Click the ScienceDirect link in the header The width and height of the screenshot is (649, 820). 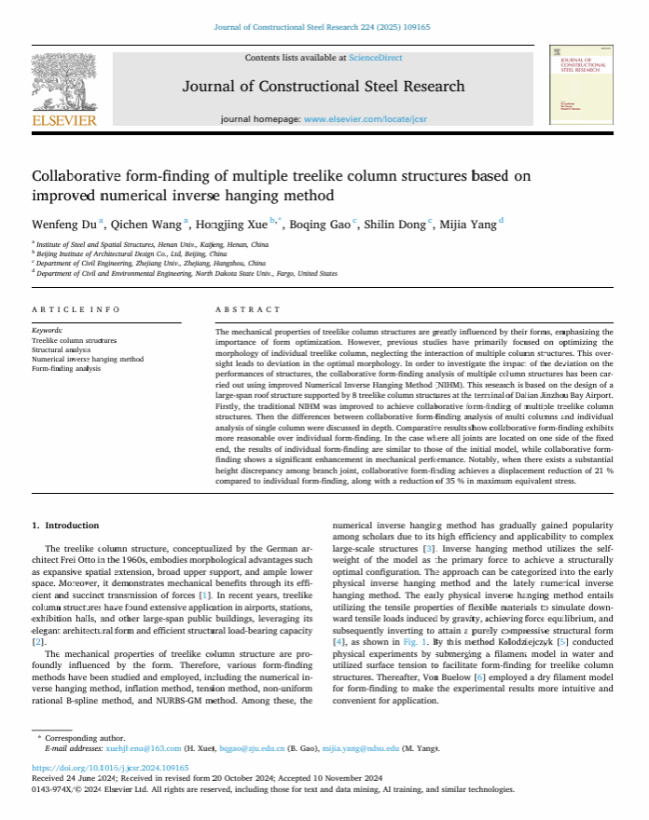pyautogui.click(x=376, y=58)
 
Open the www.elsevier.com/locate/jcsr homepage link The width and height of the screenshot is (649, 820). pyautogui.click(x=360, y=120)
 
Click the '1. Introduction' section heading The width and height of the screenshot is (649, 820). pyautogui.click(x=65, y=526)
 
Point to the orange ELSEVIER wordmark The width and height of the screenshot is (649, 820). pyautogui.click(x=64, y=120)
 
